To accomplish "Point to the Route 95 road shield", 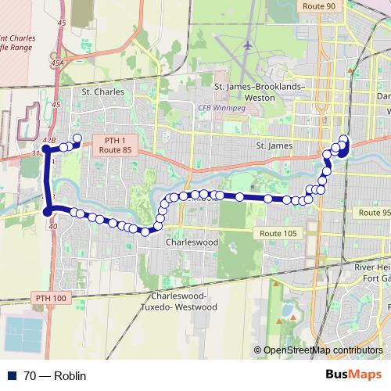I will (x=373, y=213).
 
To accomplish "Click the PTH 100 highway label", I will (x=52, y=298).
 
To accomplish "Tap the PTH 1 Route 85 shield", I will (x=114, y=143).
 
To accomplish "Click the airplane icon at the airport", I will (x=247, y=45).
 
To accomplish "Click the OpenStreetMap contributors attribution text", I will (x=323, y=350).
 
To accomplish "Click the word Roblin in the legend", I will (x=69, y=376).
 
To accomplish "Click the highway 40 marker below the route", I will (x=52, y=227).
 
